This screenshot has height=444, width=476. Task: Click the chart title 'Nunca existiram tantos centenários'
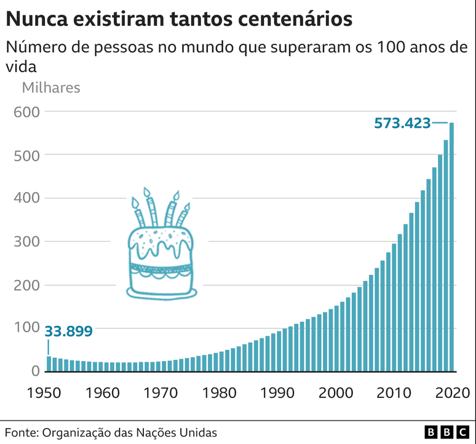[x=179, y=18]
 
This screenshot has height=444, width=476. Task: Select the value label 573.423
[x=402, y=123]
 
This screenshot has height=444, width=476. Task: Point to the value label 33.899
[x=69, y=331]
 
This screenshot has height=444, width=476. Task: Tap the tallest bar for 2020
[x=451, y=246]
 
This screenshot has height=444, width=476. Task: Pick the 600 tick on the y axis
[x=28, y=112]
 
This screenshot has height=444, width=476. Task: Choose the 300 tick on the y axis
[x=28, y=242]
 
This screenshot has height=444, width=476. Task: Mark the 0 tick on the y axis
[x=35, y=371]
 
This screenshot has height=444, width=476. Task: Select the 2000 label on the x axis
[x=336, y=392]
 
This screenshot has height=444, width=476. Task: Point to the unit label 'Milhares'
[x=51, y=87]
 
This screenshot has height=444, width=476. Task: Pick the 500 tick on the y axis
[x=28, y=155]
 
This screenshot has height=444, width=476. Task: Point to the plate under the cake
[x=162, y=293]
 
